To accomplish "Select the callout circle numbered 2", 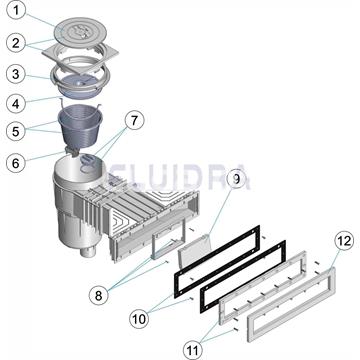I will click(x=15, y=43).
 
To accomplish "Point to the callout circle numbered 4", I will click(x=17, y=101).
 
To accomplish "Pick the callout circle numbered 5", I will click(x=17, y=130).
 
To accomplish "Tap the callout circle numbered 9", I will click(x=235, y=180).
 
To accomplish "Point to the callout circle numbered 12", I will click(x=314, y=240).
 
